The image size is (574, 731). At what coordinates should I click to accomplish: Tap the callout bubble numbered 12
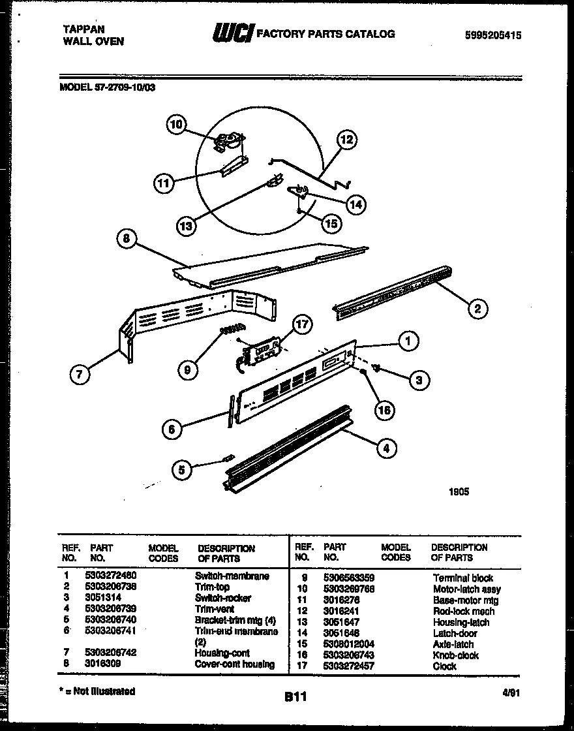[x=347, y=139]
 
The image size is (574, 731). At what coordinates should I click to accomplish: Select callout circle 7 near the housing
[x=79, y=374]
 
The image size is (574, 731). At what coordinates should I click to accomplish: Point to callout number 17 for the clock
[x=302, y=324]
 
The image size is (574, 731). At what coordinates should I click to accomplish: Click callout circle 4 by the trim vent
[x=387, y=448]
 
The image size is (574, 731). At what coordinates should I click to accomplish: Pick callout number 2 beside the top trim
[x=477, y=309]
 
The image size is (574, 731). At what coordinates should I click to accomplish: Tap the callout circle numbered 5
[x=183, y=469]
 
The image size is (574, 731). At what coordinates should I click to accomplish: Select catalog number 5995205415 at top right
[x=494, y=36]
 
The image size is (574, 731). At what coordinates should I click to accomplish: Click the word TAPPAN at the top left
[x=83, y=29]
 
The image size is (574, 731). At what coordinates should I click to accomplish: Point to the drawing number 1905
[x=458, y=492]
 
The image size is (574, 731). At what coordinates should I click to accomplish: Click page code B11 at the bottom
[x=295, y=698]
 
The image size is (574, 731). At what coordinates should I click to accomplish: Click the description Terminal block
[x=463, y=578]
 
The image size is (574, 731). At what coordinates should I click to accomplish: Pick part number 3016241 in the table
[x=342, y=612]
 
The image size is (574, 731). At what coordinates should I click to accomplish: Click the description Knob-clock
[x=456, y=655]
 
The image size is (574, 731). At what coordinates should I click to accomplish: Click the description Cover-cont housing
[x=235, y=664]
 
